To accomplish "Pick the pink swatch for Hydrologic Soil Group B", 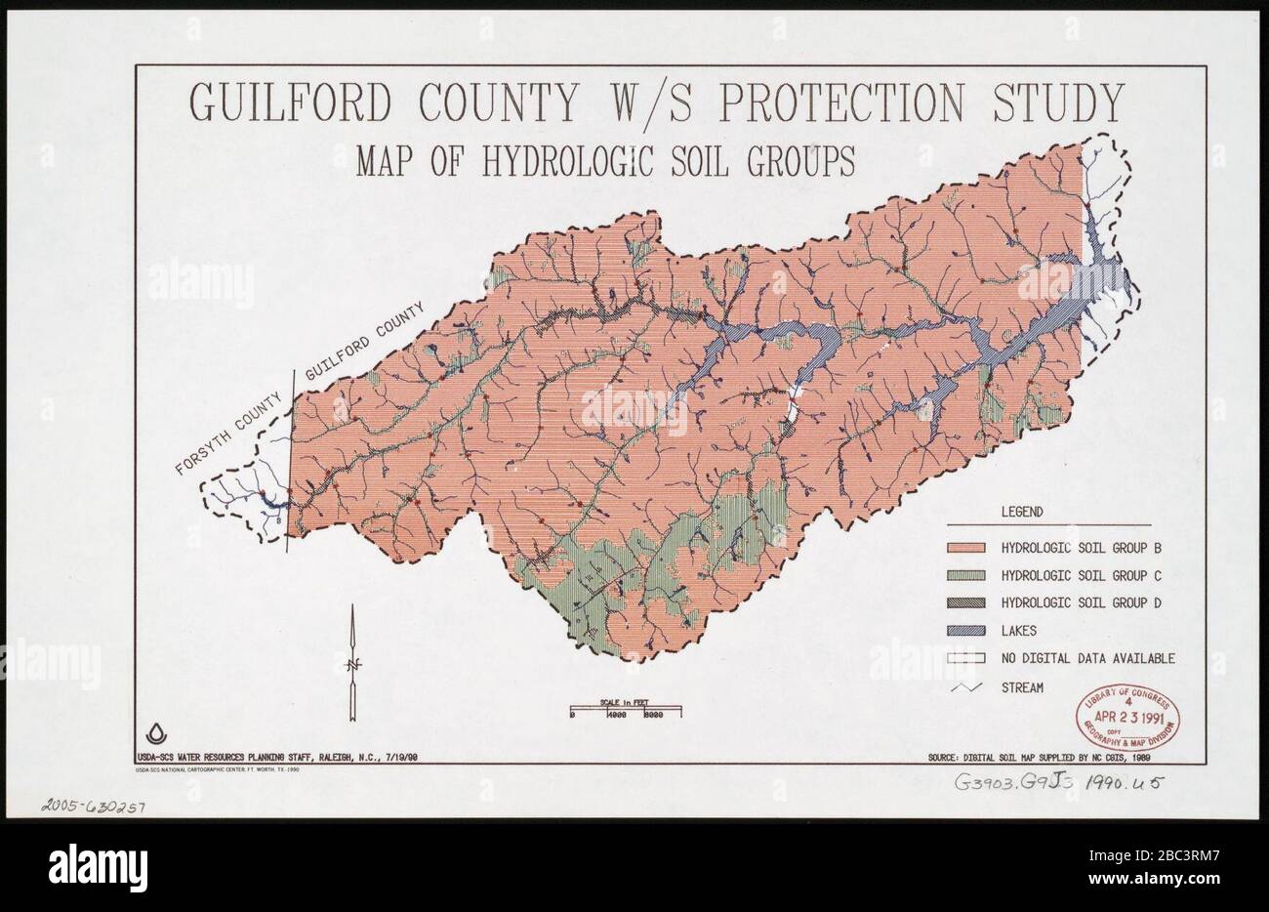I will tap(966, 547).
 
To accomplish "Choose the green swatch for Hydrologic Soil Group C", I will tap(966, 575).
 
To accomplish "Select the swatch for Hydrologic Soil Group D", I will tap(966, 602).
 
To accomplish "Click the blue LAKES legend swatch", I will tap(966, 631).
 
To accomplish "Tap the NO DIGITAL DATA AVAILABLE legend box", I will tap(966, 658).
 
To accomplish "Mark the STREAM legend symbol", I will tap(966, 687).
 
